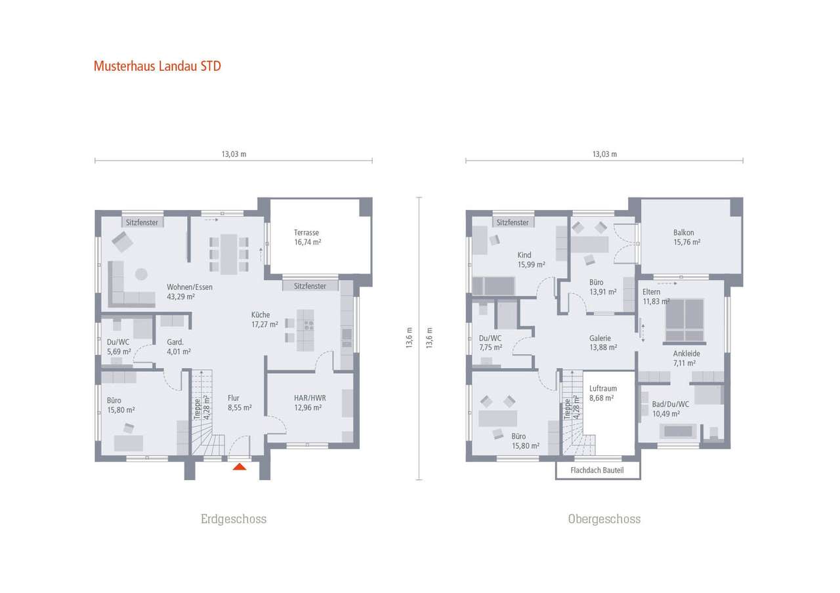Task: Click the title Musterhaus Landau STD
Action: pyautogui.click(x=157, y=66)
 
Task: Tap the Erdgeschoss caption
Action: pyautogui.click(x=233, y=519)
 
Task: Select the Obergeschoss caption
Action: pyautogui.click(x=604, y=519)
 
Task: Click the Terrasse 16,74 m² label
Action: pyautogui.click(x=306, y=237)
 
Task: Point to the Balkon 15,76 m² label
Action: pyautogui.click(x=686, y=237)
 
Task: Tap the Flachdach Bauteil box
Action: pyautogui.click(x=597, y=470)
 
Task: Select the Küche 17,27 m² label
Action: pyautogui.click(x=265, y=319)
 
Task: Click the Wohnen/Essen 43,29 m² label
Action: pyautogui.click(x=189, y=292)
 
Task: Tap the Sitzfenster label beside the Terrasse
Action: pyautogui.click(x=310, y=286)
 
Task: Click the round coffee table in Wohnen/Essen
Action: pyautogui.click(x=141, y=274)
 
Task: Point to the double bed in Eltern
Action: pyautogui.click(x=684, y=320)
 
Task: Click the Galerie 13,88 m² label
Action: pyautogui.click(x=603, y=342)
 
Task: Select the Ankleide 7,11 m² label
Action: pyautogui.click(x=686, y=358)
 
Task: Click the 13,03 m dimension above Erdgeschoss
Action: pyautogui.click(x=234, y=154)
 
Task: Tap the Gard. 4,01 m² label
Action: pyautogui.click(x=178, y=346)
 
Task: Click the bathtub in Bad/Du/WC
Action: pyautogui.click(x=679, y=431)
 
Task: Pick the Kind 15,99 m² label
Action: pyautogui.click(x=530, y=260)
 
